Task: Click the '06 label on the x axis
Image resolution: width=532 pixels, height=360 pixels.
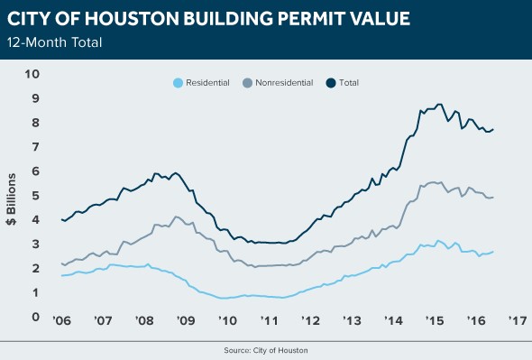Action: click(61, 320)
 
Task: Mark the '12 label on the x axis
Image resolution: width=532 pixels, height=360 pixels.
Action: click(310, 320)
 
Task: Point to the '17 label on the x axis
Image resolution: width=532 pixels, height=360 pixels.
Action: click(517, 320)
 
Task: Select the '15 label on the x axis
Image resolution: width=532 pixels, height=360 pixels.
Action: click(435, 320)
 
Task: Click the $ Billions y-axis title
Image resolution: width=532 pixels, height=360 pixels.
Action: click(14, 196)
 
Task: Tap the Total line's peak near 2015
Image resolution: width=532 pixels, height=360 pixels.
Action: click(439, 104)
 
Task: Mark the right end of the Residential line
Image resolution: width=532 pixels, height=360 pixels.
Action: click(493, 252)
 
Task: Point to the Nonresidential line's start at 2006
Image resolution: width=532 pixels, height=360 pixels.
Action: click(61, 263)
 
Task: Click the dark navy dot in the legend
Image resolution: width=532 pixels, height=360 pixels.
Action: click(330, 83)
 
